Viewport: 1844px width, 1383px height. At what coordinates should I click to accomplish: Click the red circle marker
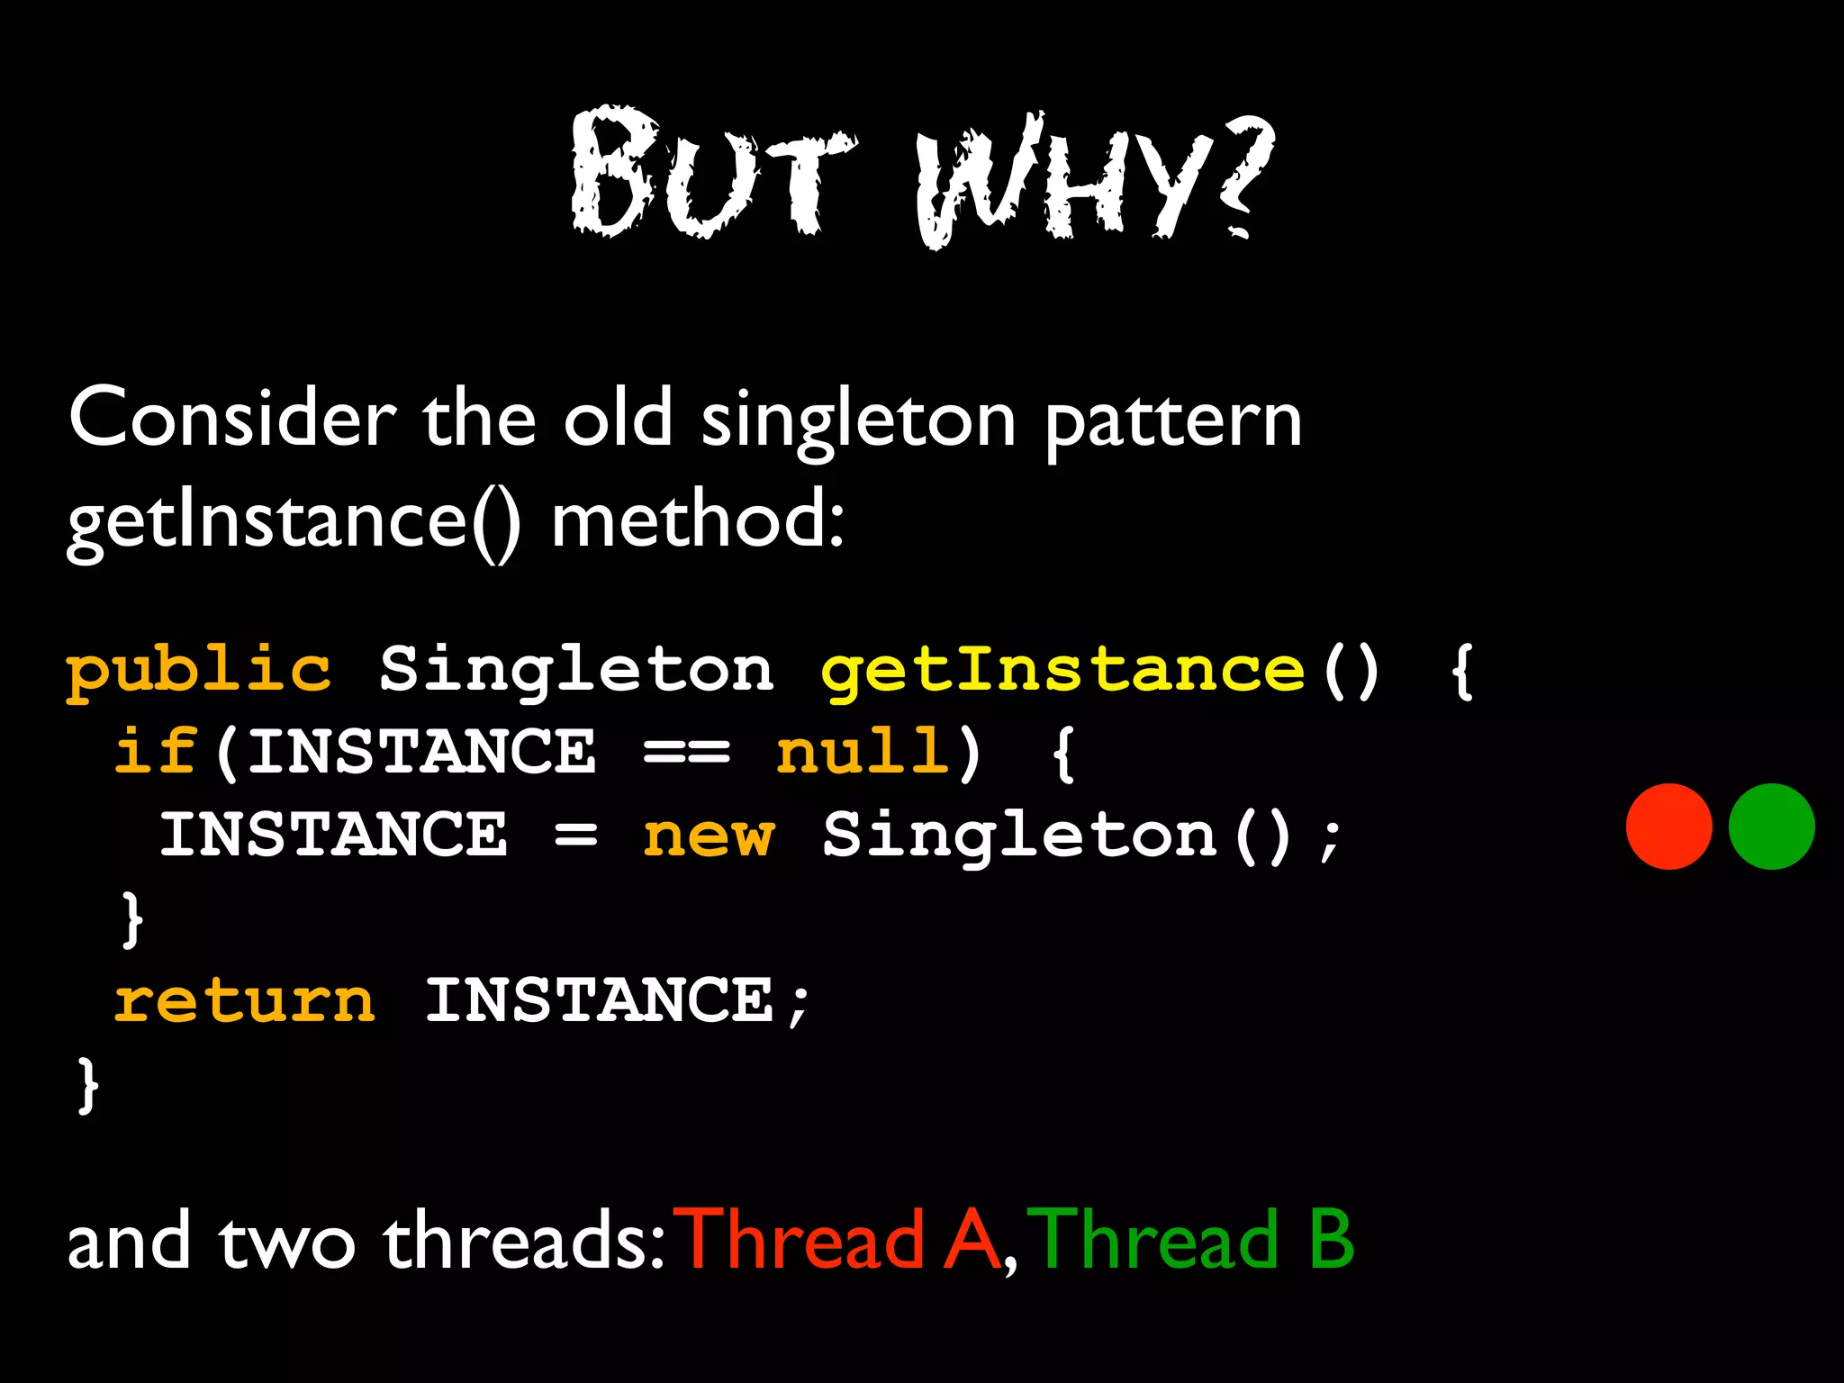(x=1668, y=826)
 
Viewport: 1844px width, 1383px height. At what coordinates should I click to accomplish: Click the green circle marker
(x=1771, y=826)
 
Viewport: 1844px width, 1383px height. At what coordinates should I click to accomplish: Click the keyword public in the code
(x=199, y=671)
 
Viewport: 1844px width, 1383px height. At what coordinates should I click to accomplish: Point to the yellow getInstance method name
(x=1062, y=671)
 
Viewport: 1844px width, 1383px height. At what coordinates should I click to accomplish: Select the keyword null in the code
(x=863, y=752)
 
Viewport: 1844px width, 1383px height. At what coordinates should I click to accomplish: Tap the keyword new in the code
(x=708, y=836)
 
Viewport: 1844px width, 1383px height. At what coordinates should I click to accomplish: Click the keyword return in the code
(x=244, y=1001)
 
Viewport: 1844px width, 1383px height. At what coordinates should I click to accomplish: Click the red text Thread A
(x=841, y=1241)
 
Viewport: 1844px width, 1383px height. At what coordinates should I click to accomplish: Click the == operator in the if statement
(x=687, y=753)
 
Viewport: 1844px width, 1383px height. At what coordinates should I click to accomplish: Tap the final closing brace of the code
(x=87, y=1085)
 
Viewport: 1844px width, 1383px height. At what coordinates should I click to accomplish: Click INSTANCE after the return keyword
(x=599, y=1001)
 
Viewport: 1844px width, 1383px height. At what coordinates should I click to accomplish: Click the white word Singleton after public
(x=576, y=671)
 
